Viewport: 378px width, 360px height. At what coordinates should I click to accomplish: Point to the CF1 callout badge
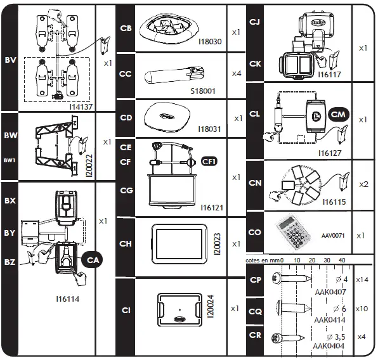coord(209,162)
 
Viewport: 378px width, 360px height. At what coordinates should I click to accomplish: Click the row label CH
coord(126,243)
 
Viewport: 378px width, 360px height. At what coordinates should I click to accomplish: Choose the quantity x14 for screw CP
coord(363,280)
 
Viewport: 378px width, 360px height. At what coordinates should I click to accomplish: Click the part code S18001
coord(203,91)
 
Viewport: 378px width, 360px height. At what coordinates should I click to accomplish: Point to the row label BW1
coord(10,160)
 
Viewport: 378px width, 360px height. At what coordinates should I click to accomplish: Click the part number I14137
coord(81,106)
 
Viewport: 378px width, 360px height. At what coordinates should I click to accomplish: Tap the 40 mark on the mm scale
coord(342,260)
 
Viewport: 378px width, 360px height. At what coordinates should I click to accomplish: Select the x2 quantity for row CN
coord(364,184)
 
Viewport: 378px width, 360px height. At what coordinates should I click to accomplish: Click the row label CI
coord(126,310)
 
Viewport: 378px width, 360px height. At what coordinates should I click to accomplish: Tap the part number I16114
coord(68,297)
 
